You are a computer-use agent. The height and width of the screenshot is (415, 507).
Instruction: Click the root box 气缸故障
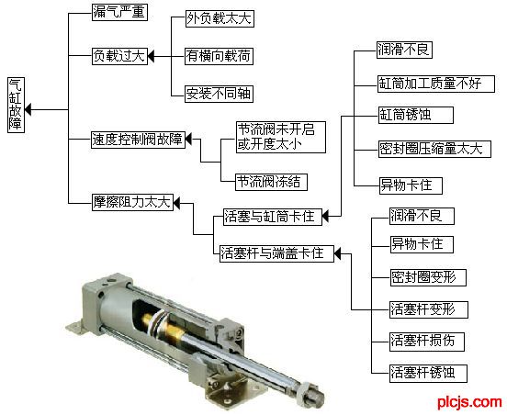17,105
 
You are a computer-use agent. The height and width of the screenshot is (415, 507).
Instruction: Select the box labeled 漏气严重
119,12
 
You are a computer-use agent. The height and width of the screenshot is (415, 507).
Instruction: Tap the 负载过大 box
119,56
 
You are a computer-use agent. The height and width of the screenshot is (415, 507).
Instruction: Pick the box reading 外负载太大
220,18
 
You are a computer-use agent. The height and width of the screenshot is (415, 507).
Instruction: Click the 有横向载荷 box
219,56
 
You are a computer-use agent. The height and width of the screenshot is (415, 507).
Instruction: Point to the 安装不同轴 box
219,94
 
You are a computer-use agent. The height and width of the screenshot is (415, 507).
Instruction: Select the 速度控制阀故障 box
138,140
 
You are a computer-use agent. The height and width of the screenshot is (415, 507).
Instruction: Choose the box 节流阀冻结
271,182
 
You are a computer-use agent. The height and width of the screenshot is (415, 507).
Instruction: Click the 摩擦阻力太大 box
132,202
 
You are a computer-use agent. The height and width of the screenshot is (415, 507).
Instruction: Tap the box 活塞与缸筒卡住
273,217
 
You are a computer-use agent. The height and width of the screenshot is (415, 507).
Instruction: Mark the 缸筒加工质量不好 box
436,84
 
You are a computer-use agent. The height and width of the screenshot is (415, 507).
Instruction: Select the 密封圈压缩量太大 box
434,150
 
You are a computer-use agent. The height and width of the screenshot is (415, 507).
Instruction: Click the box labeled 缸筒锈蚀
416,115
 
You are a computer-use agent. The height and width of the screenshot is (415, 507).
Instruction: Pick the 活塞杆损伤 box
427,342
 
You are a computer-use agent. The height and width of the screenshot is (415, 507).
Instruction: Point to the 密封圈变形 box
428,277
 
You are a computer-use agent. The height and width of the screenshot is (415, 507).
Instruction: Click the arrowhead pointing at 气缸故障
28,109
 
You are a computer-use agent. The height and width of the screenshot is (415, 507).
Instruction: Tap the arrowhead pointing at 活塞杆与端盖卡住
337,253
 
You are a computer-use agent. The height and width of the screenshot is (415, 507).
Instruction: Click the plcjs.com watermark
469,402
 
